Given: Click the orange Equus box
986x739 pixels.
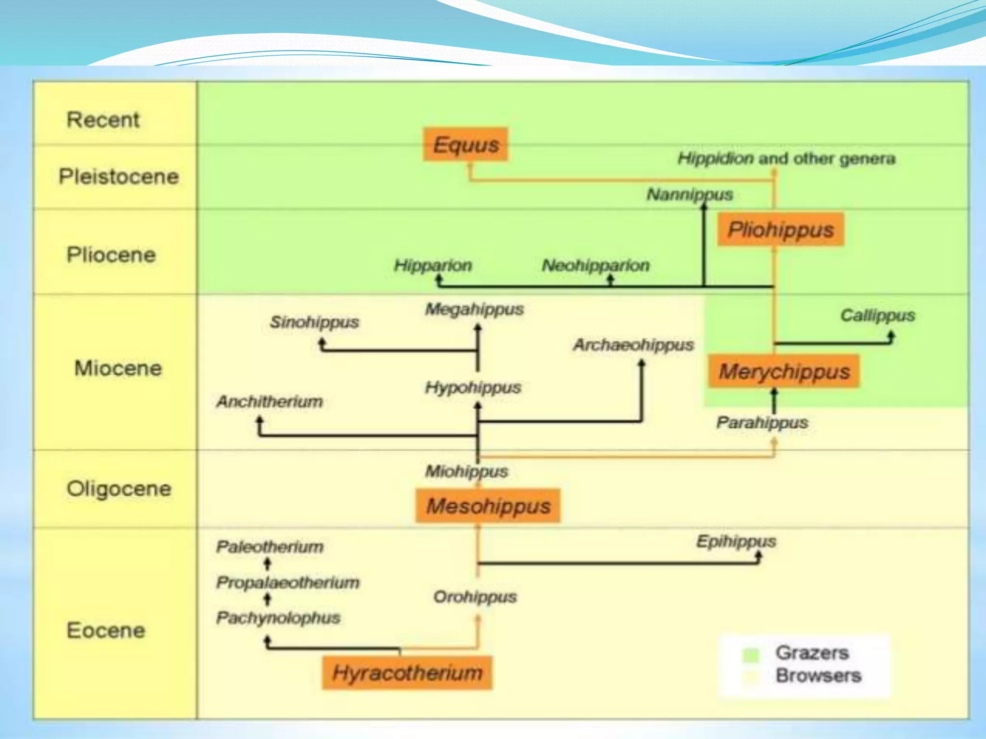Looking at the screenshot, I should tap(466, 144).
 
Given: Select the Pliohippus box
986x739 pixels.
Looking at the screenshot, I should tap(780, 229).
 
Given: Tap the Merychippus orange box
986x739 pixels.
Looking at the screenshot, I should tap(784, 371).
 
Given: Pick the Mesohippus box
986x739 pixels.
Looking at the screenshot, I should tap(488, 506).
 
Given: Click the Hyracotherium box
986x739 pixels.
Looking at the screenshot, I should tap(407, 673).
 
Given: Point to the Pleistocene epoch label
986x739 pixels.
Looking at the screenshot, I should tap(118, 177).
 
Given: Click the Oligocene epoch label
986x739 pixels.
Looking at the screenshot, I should tap(118, 489).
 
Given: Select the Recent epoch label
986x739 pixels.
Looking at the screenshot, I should tap(103, 120).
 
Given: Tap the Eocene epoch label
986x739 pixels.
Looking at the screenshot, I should tap(105, 630).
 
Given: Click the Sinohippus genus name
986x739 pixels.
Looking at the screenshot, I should tap(314, 322).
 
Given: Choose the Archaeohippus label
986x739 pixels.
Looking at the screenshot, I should tap(633, 344).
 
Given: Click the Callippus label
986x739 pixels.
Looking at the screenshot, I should tap(877, 316).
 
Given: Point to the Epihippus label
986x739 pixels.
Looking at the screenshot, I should tap(736, 541).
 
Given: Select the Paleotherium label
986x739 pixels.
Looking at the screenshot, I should tap(270, 547).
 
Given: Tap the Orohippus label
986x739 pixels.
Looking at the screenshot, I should tap(475, 597).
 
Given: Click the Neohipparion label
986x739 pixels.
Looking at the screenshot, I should tap(596, 265).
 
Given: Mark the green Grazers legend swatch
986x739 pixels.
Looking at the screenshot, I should tap(751, 654).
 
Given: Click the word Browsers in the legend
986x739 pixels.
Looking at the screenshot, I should tap(818, 675).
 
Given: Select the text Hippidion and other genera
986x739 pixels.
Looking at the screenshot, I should tap(786, 158).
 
